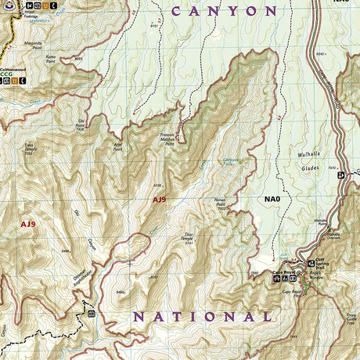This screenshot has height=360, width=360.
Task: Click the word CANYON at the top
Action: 225,11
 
